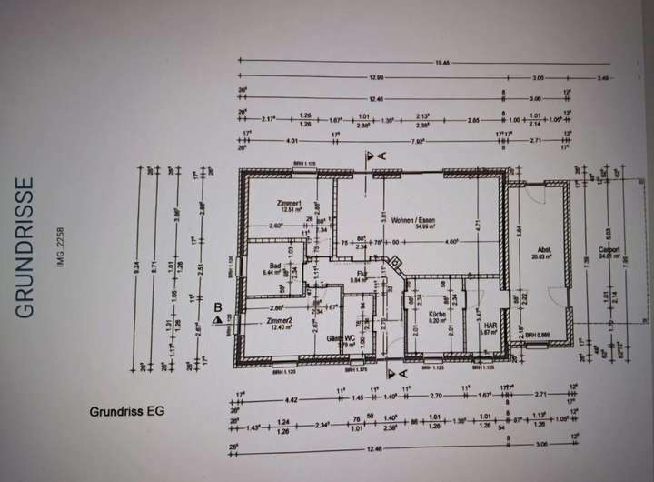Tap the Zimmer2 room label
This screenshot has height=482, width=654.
[x=280, y=322]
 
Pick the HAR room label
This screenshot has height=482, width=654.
[x=490, y=325]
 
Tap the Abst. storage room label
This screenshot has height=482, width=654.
[x=545, y=250]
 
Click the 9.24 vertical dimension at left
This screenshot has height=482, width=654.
[x=137, y=268]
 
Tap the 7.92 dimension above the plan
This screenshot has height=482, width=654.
[x=419, y=141]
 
